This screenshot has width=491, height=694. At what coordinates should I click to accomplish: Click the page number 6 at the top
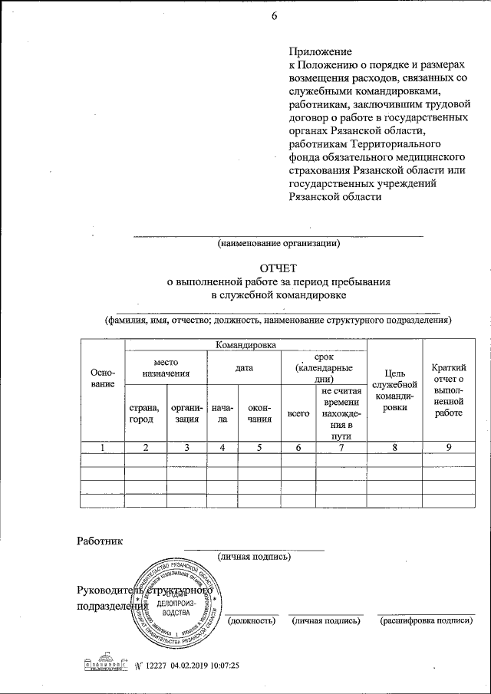point(273,18)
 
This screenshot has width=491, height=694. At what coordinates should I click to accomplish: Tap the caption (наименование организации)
point(279,245)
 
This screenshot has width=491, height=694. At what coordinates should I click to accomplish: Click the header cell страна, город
point(145,413)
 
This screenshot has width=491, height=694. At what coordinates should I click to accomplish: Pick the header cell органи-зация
point(186,413)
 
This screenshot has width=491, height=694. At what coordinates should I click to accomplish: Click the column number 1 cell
point(102,447)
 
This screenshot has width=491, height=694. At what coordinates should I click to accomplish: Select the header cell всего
point(298,413)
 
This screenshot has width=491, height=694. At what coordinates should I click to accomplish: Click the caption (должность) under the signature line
point(252,620)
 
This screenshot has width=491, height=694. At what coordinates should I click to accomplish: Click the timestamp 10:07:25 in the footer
point(223,664)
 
